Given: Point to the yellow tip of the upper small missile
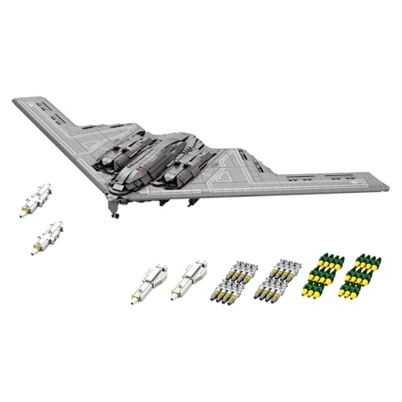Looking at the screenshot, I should (x=23, y=213).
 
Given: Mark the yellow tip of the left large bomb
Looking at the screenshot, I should (x=135, y=300).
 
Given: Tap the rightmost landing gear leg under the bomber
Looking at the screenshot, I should (x=192, y=202).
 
